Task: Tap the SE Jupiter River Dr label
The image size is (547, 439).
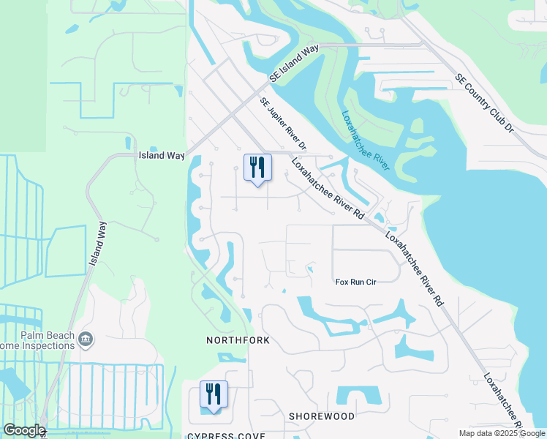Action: coord(282,125)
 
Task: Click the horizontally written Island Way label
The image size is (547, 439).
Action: coord(162,156)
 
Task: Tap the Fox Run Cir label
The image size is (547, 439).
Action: coord(355,282)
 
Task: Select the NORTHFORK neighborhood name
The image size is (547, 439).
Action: coord(238,341)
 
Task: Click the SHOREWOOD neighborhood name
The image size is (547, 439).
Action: coord(321,416)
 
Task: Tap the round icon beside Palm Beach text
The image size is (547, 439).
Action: coord(86,338)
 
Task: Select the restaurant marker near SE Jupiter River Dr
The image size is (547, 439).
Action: coord(257,168)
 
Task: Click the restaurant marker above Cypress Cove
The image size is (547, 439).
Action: coord(214,395)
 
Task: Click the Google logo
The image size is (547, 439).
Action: coord(23,430)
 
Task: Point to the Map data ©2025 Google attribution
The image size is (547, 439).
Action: coord(502,433)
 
